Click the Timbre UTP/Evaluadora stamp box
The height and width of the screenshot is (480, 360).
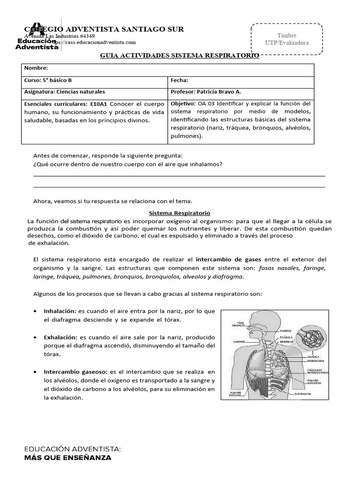pyautogui.click(x=286, y=39)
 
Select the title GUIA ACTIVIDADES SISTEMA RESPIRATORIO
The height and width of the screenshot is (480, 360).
pyautogui.click(x=180, y=55)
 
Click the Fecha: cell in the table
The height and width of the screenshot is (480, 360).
pyautogui.click(x=179, y=80)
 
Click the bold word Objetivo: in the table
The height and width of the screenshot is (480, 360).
pyautogui.click(x=184, y=103)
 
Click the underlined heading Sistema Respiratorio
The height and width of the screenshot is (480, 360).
pyautogui.click(x=179, y=213)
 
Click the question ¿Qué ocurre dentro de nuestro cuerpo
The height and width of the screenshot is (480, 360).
pyautogui.click(x=127, y=165)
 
